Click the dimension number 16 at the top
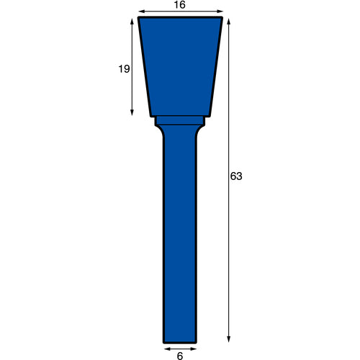pyautogui.click(x=180, y=5)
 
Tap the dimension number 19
pyautogui.click(x=124, y=69)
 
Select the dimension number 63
pyautogui.click(x=236, y=176)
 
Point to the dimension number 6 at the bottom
pyautogui.click(x=180, y=356)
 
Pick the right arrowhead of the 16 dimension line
pyautogui.click(x=220, y=12)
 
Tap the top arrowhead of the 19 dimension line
pyautogui.click(x=132, y=22)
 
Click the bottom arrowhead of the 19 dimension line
pyautogui.click(x=132, y=112)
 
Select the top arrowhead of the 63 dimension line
pyautogui.click(x=229, y=22)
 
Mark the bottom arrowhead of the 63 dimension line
pyautogui.click(x=229, y=339)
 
